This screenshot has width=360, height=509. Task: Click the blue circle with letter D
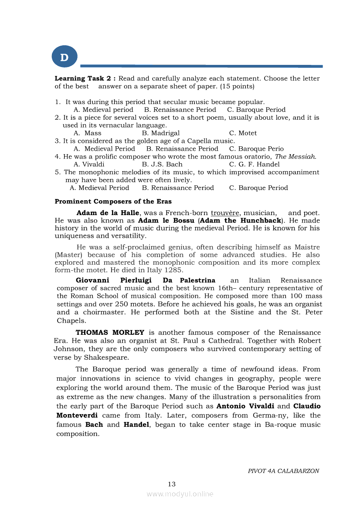tap(65, 57)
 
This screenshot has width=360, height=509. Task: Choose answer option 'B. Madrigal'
tap(161, 133)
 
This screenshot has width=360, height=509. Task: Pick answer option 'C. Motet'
tap(243, 133)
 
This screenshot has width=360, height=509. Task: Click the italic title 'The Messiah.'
tap(295, 157)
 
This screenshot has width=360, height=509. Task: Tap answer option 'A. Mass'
tap(87, 133)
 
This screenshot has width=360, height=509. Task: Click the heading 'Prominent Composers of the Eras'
tap(113, 202)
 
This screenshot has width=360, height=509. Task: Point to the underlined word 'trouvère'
tap(225, 213)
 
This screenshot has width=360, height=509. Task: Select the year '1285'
tap(174, 270)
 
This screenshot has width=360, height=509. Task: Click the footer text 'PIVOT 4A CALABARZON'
tap(283, 471)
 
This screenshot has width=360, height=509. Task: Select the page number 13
tap(171, 484)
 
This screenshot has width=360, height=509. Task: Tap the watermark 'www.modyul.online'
tap(180, 494)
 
